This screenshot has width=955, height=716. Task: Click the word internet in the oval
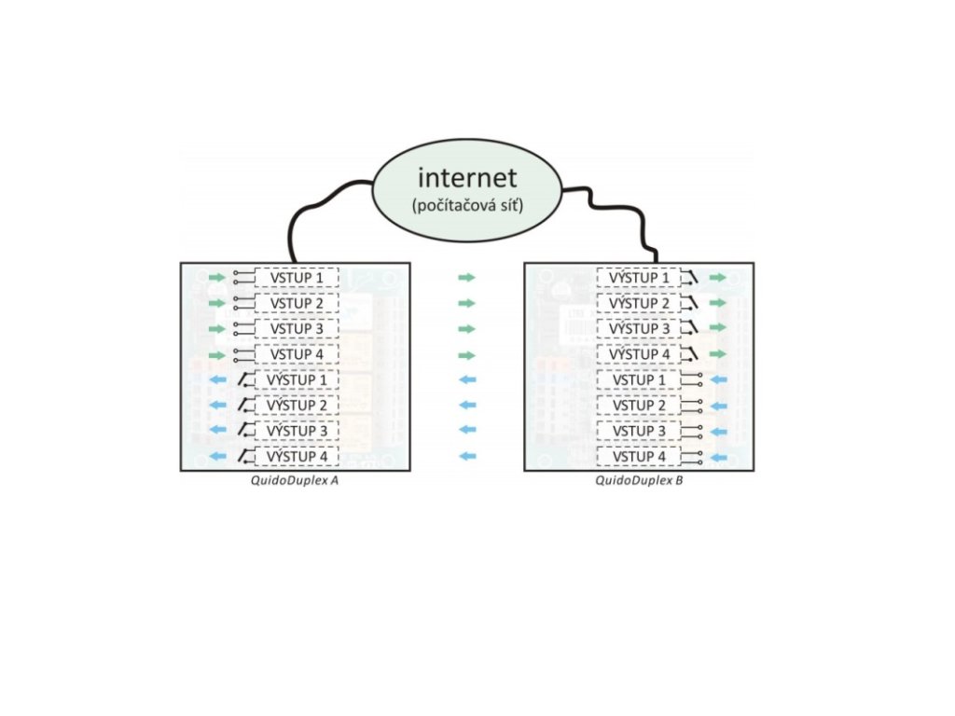pos(465,177)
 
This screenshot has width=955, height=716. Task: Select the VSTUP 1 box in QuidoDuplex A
pos(297,278)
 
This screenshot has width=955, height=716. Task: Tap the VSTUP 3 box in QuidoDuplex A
pos(297,329)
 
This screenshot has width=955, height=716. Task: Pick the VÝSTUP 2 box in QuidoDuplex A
pos(297,406)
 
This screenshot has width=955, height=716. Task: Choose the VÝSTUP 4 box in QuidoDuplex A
pos(297,457)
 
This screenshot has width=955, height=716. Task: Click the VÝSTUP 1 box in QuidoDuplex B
pos(639,278)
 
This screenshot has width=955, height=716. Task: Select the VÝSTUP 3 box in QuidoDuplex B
pos(639,329)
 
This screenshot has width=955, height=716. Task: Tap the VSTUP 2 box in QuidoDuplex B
pos(639,406)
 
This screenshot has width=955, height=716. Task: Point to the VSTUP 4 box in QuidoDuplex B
pos(639,457)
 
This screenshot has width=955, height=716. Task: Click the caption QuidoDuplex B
pos(639,481)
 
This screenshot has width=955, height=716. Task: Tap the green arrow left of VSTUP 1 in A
pos(216,278)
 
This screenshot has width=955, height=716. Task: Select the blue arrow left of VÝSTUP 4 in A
pos(216,457)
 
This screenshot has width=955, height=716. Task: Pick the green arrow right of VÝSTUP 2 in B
pos(717,303)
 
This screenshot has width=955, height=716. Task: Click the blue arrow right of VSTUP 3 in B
pos(717,432)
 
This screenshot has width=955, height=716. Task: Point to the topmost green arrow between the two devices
pos(467,278)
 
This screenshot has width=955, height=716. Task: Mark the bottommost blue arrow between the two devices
pos(467,457)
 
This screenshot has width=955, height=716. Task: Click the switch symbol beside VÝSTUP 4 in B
pos(692,354)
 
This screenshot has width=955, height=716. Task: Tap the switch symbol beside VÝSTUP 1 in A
pos(243,379)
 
